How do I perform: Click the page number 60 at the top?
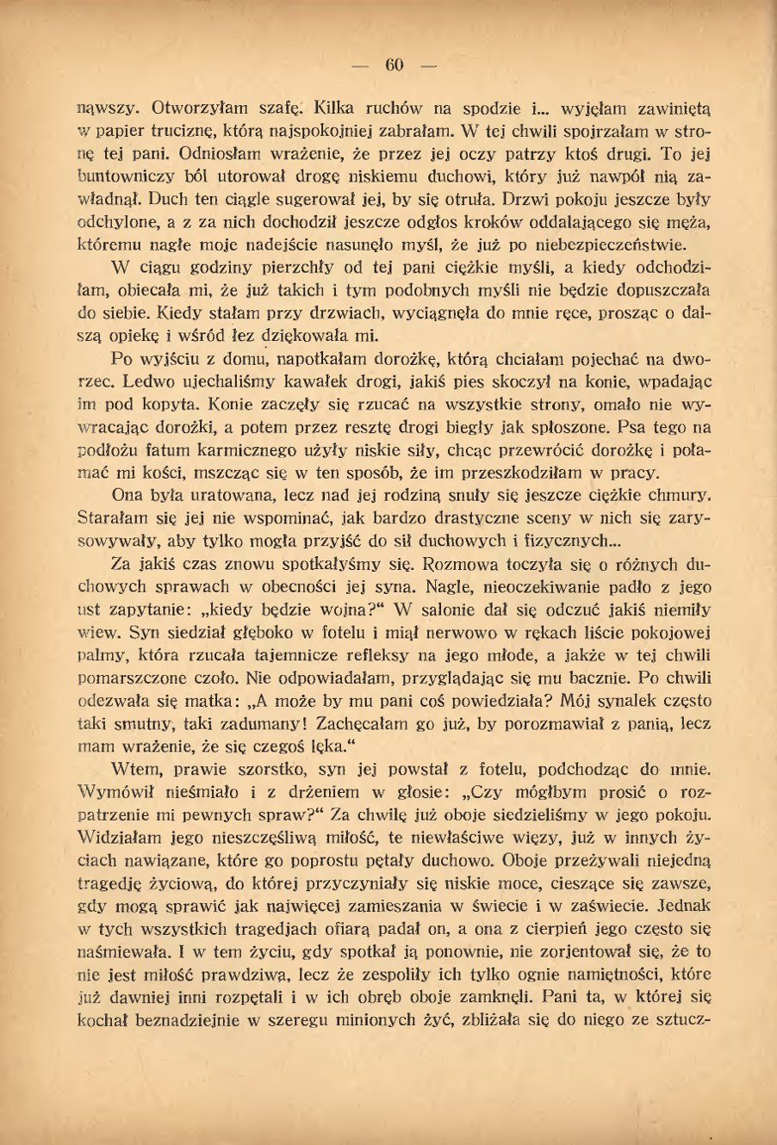pyautogui.click(x=395, y=65)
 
